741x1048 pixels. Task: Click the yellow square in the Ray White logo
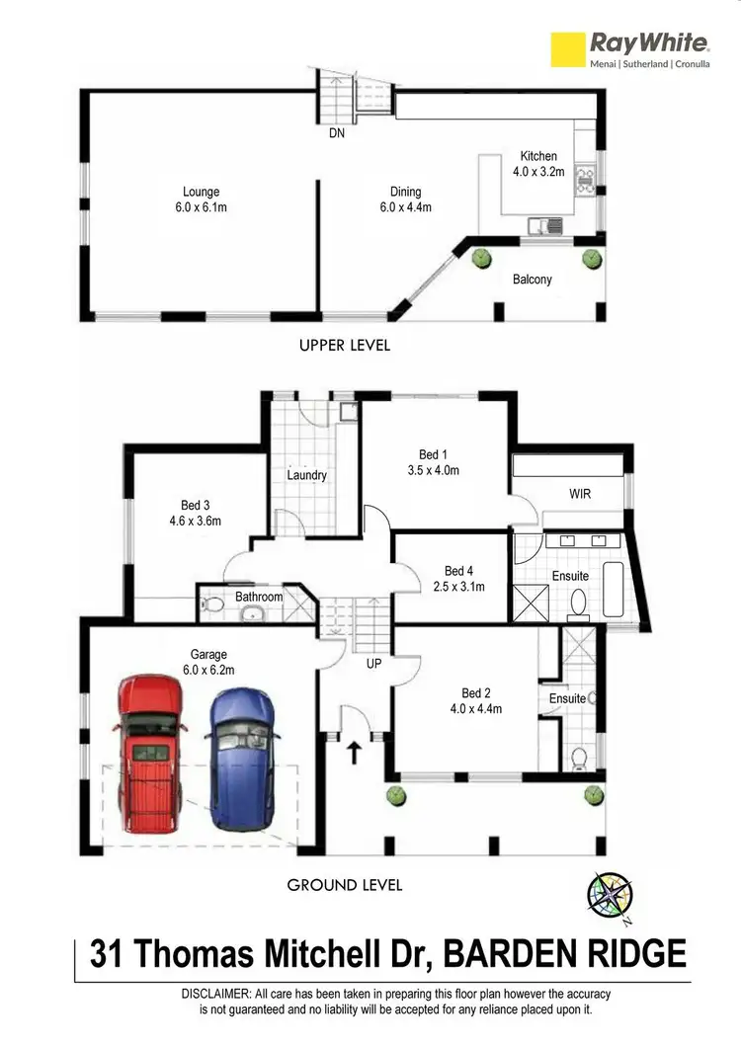pyautogui.click(x=567, y=50)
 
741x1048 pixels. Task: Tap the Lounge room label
pyautogui.click(x=201, y=192)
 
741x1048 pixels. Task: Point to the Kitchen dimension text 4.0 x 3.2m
pyautogui.click(x=538, y=171)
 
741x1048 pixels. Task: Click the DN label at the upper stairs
pyautogui.click(x=337, y=134)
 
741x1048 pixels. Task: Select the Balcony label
pyautogui.click(x=533, y=280)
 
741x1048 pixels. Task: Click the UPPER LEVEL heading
pyautogui.click(x=345, y=346)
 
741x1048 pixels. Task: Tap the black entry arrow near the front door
pyautogui.click(x=353, y=755)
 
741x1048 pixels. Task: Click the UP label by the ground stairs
pyautogui.click(x=373, y=665)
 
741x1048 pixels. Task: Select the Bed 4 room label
pyautogui.click(x=459, y=571)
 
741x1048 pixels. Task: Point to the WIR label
pyautogui.click(x=580, y=494)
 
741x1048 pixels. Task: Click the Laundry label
pyautogui.click(x=307, y=475)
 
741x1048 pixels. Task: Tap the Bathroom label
pyautogui.click(x=259, y=597)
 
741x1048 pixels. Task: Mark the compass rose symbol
pyautogui.click(x=610, y=896)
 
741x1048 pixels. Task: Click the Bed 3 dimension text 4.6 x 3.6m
pyautogui.click(x=194, y=522)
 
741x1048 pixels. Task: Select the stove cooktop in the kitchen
pyautogui.click(x=584, y=179)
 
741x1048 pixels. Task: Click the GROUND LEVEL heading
pyautogui.click(x=345, y=885)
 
